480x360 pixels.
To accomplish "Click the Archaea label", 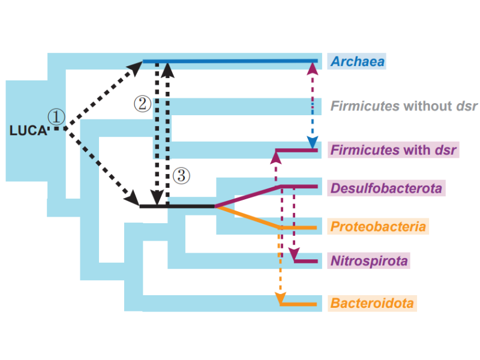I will (358, 61).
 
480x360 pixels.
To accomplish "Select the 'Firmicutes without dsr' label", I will (404, 106).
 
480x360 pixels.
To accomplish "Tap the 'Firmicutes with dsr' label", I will (394, 149).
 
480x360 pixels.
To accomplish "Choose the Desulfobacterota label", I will (386, 188).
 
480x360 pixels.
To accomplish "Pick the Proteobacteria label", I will (378, 227).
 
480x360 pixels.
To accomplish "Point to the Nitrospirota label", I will (369, 261).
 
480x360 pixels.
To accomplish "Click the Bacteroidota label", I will (372, 304).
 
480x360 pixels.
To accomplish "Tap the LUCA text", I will (28, 130).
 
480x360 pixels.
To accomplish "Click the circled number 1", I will (56, 117).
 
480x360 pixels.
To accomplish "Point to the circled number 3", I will (181, 175).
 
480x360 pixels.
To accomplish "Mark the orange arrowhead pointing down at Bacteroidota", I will (280, 299).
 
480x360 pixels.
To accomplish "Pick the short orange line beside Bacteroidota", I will (300, 304).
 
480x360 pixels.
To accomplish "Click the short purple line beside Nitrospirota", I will (306, 262).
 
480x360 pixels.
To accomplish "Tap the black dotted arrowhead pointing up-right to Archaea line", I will (136, 67).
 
